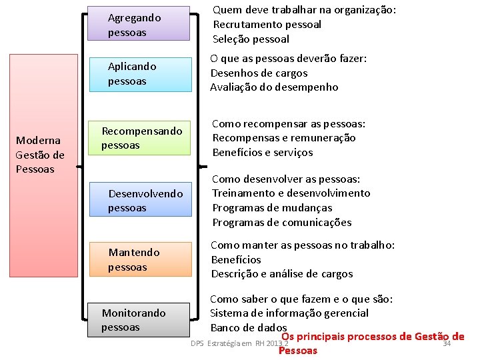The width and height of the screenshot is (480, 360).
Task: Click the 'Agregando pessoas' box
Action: click(x=139, y=24)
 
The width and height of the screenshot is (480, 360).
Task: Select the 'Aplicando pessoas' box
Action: click(x=139, y=73)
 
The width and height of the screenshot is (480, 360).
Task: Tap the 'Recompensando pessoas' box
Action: click(x=139, y=138)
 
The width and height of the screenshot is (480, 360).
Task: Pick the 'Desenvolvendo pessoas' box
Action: click(x=139, y=201)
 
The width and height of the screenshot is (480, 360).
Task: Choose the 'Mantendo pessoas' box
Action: click(x=139, y=260)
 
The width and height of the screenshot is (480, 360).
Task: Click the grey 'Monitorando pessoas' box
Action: click(x=139, y=320)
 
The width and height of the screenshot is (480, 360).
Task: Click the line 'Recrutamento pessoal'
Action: click(x=267, y=25)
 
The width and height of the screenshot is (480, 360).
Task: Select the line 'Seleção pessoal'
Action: click(x=251, y=39)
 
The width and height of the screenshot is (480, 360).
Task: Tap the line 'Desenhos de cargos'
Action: click(x=259, y=73)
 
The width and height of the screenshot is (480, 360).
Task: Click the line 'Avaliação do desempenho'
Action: click(x=274, y=87)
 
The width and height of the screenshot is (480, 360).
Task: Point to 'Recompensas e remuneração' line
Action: click(x=284, y=138)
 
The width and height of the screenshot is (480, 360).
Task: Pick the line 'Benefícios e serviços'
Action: click(x=262, y=153)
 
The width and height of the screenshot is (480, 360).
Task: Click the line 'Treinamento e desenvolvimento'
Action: click(x=291, y=193)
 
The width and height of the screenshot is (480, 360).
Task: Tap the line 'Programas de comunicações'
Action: click(x=281, y=223)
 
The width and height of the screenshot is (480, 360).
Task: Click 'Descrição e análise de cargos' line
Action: click(x=281, y=274)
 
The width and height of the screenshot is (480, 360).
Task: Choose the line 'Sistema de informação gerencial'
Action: click(x=289, y=313)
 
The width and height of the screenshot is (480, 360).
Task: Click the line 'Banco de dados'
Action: click(x=248, y=328)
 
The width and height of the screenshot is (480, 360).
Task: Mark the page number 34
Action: click(x=447, y=344)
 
